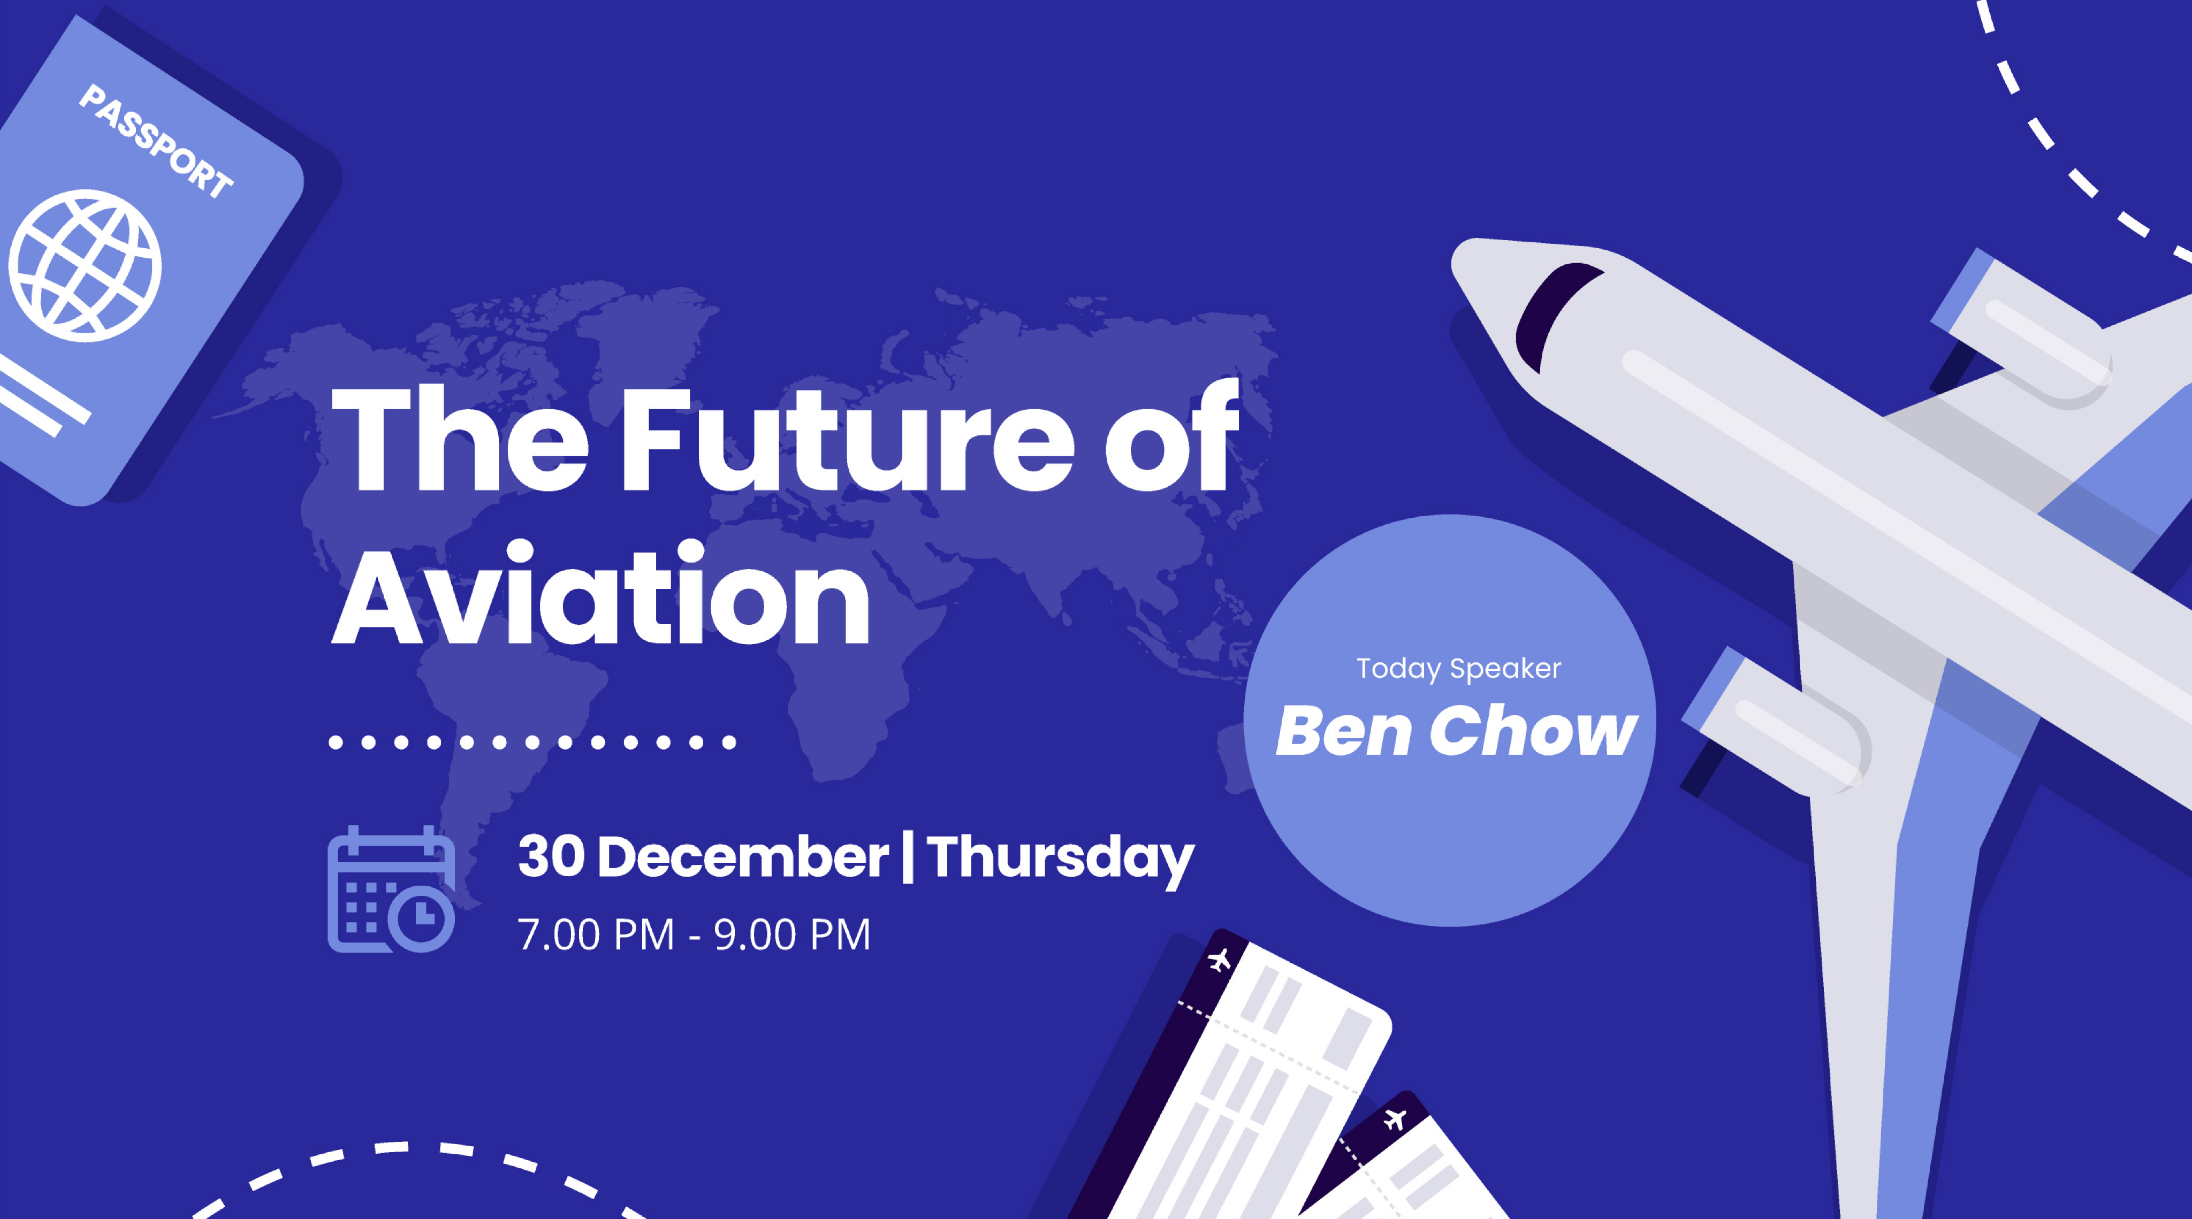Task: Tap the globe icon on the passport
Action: tap(85, 265)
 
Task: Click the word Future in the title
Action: tap(849, 439)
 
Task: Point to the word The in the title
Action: tap(460, 439)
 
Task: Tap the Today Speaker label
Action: tap(1458, 669)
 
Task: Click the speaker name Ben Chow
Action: tap(1456, 731)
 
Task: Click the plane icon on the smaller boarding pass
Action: tap(1394, 1118)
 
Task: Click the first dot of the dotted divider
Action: tap(336, 742)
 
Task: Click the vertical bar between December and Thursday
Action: tap(908, 857)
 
